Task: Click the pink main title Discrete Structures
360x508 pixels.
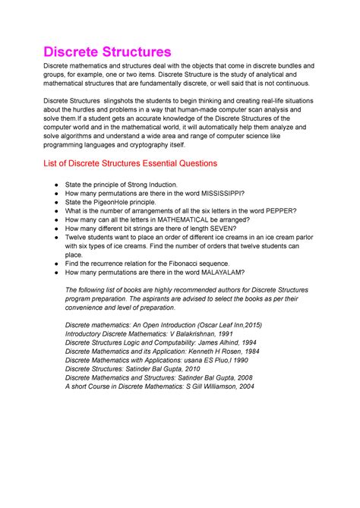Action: (107, 52)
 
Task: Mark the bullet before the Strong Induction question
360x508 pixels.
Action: (49, 185)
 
